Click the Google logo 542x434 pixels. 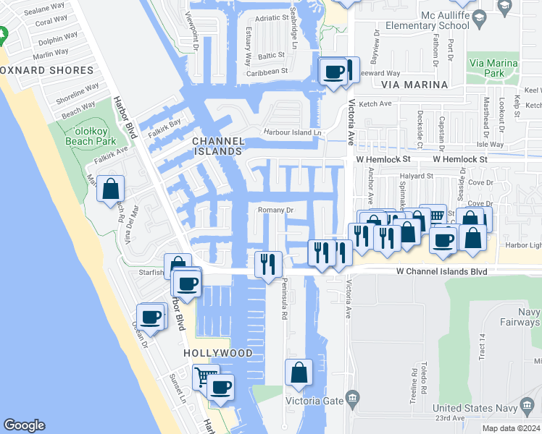pyautogui.click(x=24, y=425)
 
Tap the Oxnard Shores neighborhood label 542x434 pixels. pyautogui.click(x=47, y=70)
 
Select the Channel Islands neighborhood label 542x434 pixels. pyautogui.click(x=217, y=145)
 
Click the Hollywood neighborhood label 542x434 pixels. pyautogui.click(x=217, y=353)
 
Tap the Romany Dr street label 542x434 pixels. pyautogui.click(x=275, y=210)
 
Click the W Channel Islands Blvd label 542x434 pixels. pyautogui.click(x=441, y=271)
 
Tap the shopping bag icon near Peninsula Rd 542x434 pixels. pyautogui.click(x=299, y=373)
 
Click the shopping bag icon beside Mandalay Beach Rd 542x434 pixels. pyautogui.click(x=111, y=190)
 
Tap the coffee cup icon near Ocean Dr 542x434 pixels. pyautogui.click(x=151, y=317)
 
